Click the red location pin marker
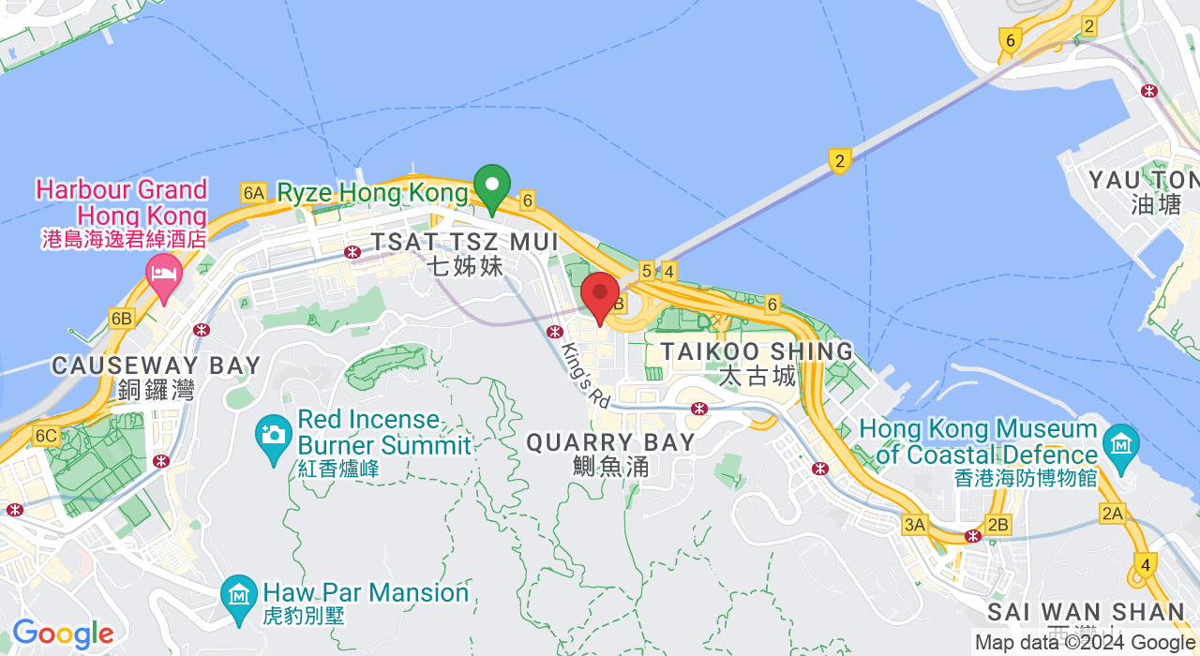(x=600, y=294)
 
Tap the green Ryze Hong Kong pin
(x=492, y=185)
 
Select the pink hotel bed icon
(x=164, y=274)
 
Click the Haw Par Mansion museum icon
(x=239, y=593)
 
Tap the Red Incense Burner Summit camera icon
(x=274, y=434)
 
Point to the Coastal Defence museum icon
(x=1120, y=442)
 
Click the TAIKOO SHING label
(x=757, y=352)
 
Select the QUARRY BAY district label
(x=611, y=442)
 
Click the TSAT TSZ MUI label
(x=465, y=242)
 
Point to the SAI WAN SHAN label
(x=1087, y=613)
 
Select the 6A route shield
(x=253, y=193)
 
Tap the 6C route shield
(x=45, y=436)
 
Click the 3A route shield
(x=915, y=525)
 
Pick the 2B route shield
(x=998, y=525)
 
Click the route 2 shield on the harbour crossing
(x=839, y=161)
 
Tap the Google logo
(x=63, y=634)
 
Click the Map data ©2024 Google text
(x=1085, y=643)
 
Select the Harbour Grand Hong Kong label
(x=121, y=201)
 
